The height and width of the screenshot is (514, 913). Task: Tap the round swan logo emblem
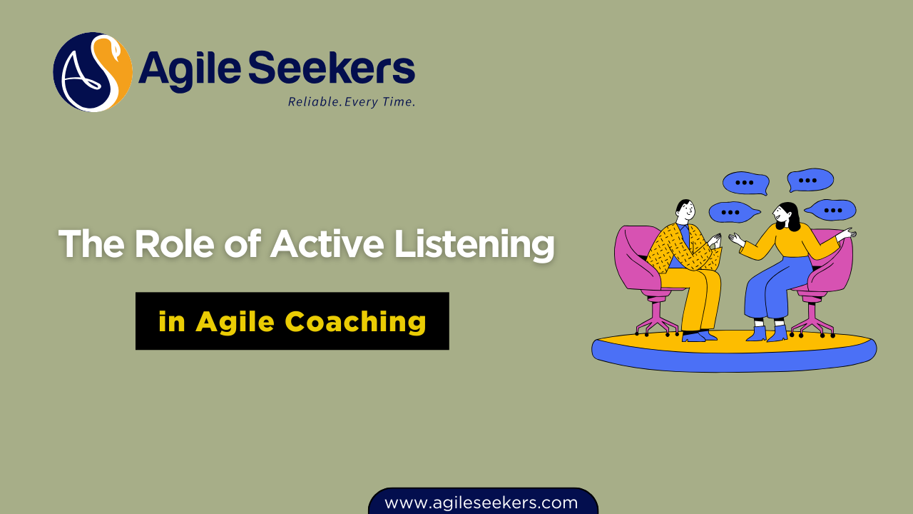[x=93, y=71]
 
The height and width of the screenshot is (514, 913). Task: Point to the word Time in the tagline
[x=399, y=102]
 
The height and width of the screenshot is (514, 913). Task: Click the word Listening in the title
[x=474, y=244]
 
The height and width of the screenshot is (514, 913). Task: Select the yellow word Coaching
[x=355, y=322]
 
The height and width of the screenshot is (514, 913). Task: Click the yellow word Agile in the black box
[x=235, y=322]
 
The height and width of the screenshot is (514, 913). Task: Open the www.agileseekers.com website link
[x=481, y=503]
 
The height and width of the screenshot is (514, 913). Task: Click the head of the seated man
[x=685, y=212]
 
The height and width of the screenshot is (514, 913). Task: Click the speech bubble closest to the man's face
[x=731, y=212]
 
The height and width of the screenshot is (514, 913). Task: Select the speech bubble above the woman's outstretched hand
[x=831, y=210]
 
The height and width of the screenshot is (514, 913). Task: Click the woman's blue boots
[x=767, y=333]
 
